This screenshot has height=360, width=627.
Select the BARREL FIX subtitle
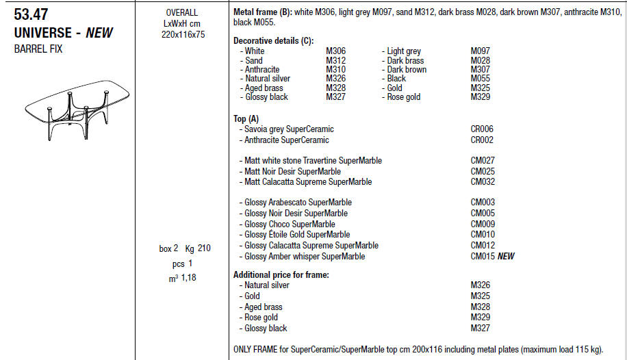38,49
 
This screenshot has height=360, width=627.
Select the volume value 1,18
188,277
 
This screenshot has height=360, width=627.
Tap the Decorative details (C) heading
270,41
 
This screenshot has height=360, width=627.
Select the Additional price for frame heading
281,275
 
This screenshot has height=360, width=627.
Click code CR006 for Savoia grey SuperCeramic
482,129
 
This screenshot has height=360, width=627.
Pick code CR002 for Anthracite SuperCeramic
482,140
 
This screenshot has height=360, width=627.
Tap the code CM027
483,161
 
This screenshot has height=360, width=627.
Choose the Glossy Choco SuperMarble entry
290,224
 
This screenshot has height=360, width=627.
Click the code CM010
483,235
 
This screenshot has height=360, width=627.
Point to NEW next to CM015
506,257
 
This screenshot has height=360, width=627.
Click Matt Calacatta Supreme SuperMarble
308,182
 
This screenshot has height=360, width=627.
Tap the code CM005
483,214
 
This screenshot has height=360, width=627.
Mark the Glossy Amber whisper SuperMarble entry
305,257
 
